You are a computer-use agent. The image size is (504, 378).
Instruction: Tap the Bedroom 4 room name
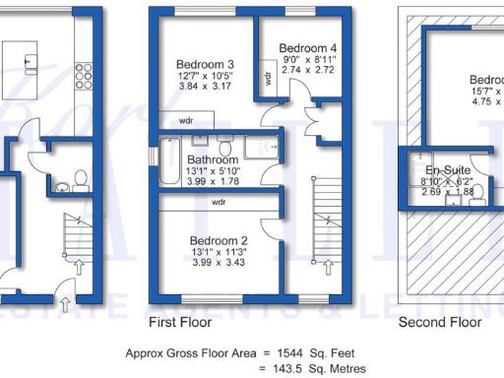308,47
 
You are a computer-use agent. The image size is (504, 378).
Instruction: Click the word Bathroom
213,158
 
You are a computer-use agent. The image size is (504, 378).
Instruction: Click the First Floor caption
181,323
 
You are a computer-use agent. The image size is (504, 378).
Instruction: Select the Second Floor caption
439,323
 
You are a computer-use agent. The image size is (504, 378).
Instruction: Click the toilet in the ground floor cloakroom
79,179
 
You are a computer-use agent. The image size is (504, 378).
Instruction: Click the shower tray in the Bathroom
263,148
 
